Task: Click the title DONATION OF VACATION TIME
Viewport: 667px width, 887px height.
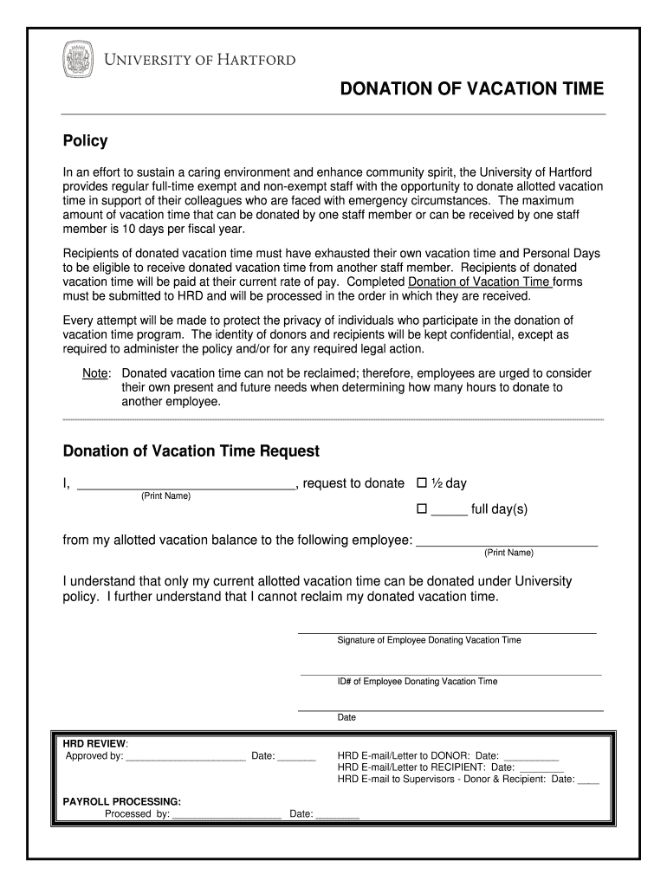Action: tap(471, 89)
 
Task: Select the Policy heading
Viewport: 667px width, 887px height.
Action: tap(85, 141)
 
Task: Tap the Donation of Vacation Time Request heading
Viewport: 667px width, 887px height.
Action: tap(191, 451)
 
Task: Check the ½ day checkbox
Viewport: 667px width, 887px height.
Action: tap(423, 483)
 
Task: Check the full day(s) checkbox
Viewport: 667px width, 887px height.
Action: tap(423, 509)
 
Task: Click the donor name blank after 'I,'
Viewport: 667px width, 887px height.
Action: tap(186, 485)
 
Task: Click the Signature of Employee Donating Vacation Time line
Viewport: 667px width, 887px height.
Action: tap(447, 631)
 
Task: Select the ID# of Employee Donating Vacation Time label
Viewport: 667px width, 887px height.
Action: tap(418, 682)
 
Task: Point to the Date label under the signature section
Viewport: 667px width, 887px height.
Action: tap(346, 717)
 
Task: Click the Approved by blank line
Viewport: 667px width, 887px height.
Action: tap(185, 757)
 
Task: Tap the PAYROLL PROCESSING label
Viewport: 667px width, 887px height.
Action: tap(122, 801)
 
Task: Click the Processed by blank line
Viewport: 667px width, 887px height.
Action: tap(227, 815)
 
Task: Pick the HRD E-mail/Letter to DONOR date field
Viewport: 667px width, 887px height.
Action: tap(531, 756)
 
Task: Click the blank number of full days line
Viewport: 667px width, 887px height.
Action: tap(449, 511)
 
